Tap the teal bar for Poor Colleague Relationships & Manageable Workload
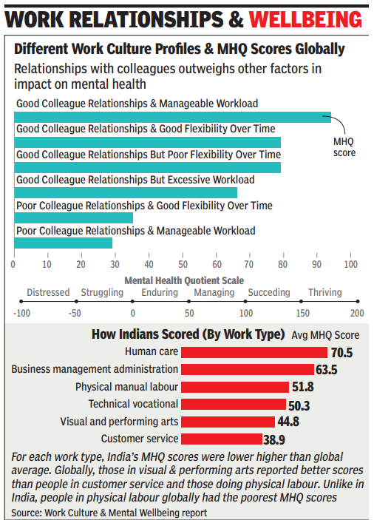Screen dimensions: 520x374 coord(63,243)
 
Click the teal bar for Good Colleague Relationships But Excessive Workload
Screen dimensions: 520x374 coord(125,192)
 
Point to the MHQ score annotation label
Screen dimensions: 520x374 coord(344,147)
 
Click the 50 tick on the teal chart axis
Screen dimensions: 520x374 coord(183,264)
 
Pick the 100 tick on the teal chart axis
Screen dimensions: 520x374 coord(351,264)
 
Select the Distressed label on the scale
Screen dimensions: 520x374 coord(48,292)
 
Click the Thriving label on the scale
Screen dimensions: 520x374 coord(324,292)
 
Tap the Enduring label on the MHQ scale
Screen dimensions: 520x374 coord(159,292)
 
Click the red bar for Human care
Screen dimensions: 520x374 coord(254,352)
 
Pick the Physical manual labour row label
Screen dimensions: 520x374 coord(126,386)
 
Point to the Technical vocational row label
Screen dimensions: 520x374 coord(133,404)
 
